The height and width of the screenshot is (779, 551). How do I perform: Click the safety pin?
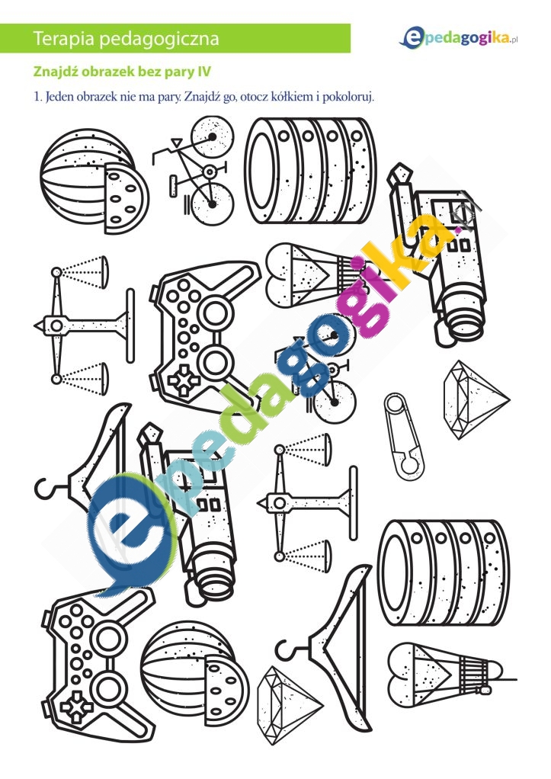(403, 436)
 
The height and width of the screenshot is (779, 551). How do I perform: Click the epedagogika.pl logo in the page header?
(459, 38)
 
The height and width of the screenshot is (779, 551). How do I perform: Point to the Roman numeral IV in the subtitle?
(204, 72)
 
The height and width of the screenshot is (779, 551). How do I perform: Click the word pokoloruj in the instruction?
(348, 97)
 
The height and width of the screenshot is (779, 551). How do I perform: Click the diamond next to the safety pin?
(476, 400)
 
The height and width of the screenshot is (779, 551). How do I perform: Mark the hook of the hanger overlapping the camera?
(45, 489)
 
